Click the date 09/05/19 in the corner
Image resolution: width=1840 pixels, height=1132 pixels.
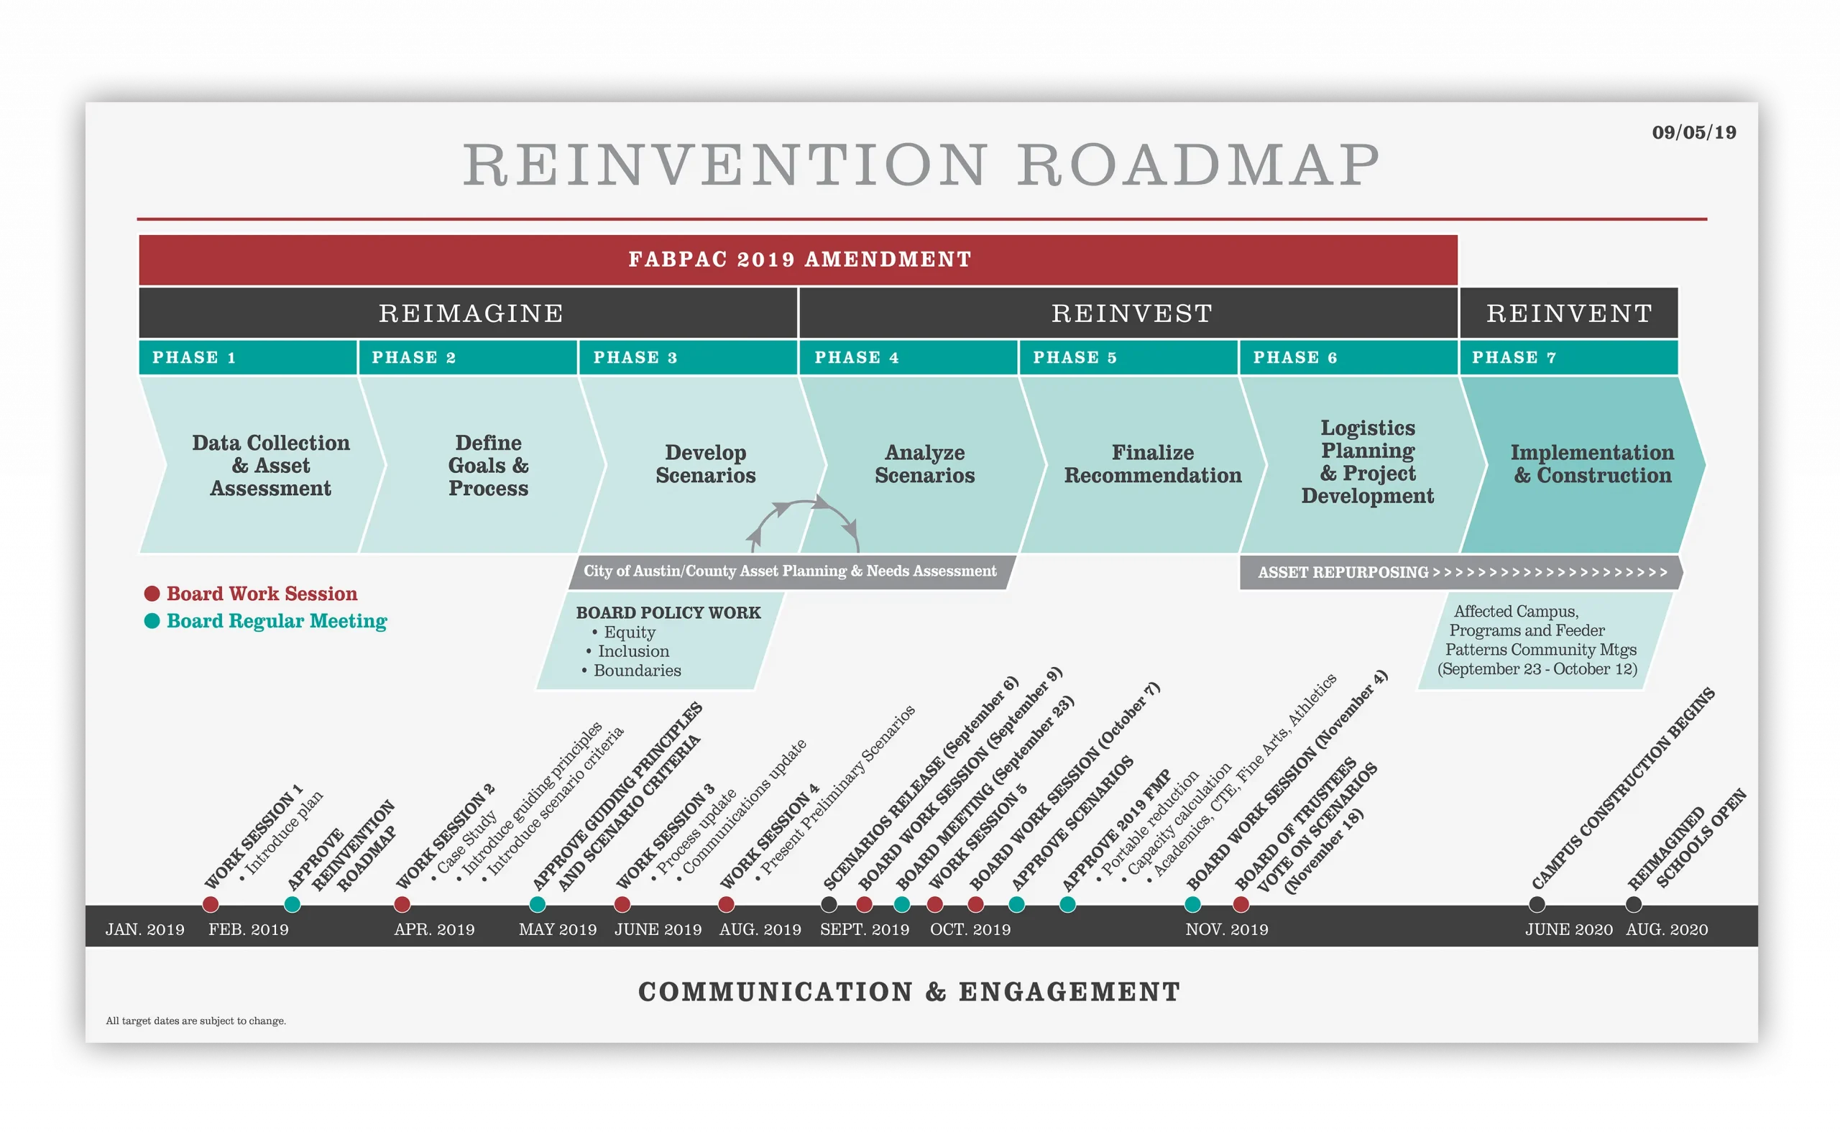pos(1693,132)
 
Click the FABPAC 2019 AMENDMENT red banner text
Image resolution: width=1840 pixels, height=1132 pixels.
pos(799,259)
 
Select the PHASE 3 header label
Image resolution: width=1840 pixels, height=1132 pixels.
pos(635,358)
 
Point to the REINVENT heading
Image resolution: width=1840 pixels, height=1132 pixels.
pos(1569,313)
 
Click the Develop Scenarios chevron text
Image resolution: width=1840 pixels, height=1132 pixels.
pos(705,464)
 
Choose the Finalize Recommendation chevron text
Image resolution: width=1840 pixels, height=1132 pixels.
pos(1152,464)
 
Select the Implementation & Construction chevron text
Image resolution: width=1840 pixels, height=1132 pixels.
pos(1591,464)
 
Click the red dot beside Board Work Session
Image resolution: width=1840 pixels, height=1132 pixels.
pos(152,594)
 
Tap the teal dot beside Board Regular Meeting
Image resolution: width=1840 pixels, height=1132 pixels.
pos(152,621)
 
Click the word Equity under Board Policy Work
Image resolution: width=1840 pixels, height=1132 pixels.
pos(629,632)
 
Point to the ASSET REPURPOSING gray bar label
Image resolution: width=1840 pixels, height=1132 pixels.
pos(1343,573)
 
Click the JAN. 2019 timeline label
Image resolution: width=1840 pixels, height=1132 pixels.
pos(144,929)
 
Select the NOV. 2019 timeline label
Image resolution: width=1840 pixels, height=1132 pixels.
pos(1226,929)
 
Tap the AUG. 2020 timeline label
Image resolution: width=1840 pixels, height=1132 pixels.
pos(1666,929)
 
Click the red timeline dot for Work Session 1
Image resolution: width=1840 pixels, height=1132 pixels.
pos(211,904)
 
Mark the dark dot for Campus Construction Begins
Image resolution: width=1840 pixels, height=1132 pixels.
pos(1536,904)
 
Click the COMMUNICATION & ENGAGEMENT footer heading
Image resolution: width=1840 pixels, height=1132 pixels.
pos(908,992)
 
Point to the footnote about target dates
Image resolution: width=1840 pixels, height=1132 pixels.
pos(195,1021)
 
